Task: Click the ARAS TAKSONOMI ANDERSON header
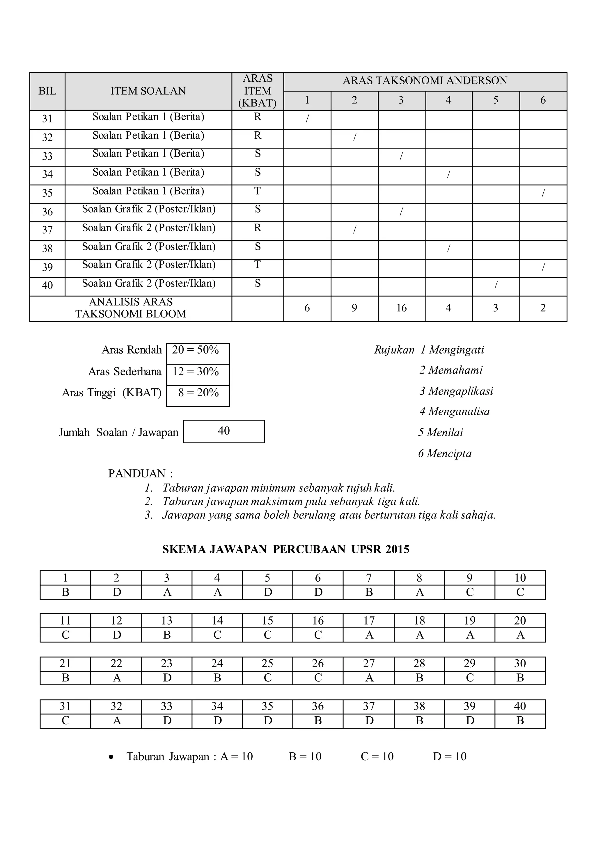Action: tap(425, 81)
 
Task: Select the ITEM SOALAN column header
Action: tap(148, 91)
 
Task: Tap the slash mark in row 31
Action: tap(307, 118)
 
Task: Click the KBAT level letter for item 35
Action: tap(258, 191)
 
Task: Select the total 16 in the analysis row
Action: tap(402, 308)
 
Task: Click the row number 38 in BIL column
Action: tap(47, 249)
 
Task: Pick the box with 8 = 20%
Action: tap(198, 393)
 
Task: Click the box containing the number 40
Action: tap(223, 431)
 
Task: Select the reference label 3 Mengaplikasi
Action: tap(456, 391)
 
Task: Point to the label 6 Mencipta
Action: tap(445, 454)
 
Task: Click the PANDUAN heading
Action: tap(140, 474)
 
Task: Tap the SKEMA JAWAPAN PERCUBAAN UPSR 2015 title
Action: tap(285, 549)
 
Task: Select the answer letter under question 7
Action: tap(369, 592)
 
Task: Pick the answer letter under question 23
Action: tap(167, 678)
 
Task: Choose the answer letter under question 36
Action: tap(318, 721)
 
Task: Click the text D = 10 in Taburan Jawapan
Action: tap(450, 757)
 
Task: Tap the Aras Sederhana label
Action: tap(125, 372)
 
